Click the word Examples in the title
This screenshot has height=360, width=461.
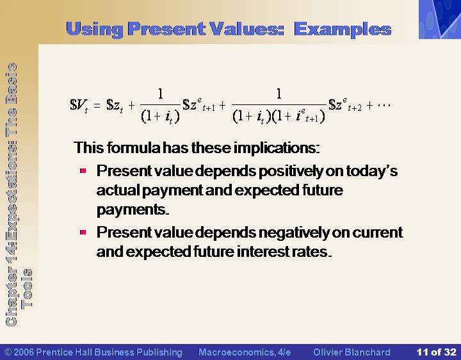click(343, 29)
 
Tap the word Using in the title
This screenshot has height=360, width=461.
click(95, 30)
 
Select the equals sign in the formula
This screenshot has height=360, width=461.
click(97, 105)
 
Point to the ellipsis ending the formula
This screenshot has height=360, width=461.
click(384, 105)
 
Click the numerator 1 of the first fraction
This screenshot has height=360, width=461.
click(160, 94)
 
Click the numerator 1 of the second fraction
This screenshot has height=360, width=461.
click(279, 94)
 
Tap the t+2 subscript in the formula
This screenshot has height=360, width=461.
click(355, 108)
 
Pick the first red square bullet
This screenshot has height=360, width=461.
click(83, 170)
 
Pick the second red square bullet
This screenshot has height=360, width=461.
click(83, 233)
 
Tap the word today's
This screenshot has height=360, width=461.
click(371, 170)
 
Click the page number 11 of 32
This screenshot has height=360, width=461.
click(436, 352)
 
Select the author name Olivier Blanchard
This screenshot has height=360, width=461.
click(352, 352)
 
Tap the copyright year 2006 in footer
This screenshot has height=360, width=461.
click(23, 352)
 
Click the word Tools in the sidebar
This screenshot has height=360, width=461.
click(28, 288)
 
